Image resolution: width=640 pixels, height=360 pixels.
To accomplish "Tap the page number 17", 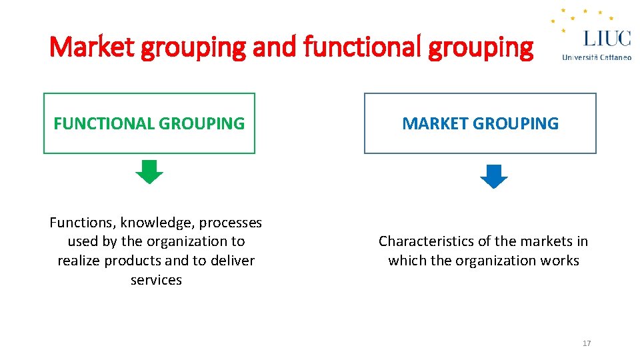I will coord(587,343).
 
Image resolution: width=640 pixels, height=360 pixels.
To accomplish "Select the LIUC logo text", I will coord(607,37).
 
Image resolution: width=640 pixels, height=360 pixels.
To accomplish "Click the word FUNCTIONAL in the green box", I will coord(103,123).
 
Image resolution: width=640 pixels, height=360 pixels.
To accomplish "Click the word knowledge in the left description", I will coord(155,222).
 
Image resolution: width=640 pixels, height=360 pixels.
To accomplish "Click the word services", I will coord(156,280).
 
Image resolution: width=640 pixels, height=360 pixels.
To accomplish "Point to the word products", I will coord(134,261).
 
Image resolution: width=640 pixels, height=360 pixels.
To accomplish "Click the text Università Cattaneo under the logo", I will coord(597,57).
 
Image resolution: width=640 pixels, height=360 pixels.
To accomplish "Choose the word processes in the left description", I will coord(230,222).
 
